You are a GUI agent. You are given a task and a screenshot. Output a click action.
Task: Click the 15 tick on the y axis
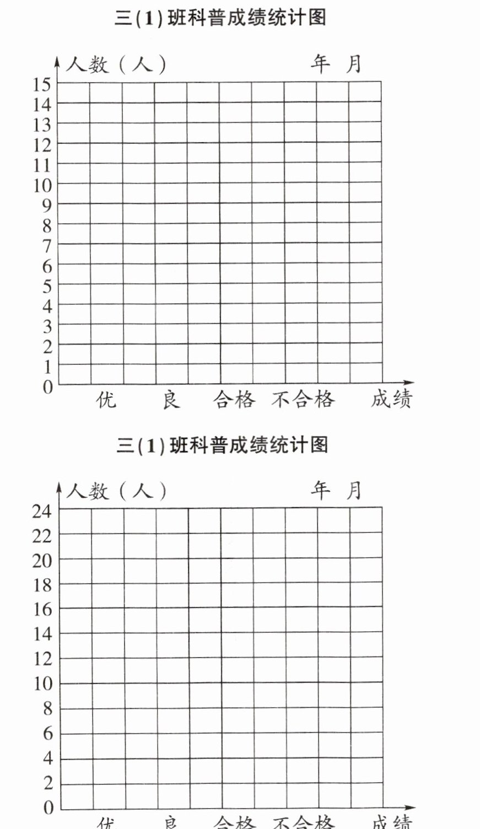pos(42,84)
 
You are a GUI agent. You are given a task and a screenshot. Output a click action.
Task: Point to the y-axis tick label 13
pos(42,125)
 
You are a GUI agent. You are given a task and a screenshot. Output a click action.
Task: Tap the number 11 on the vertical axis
pos(42,165)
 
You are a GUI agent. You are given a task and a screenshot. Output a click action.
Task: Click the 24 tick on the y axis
pos(42,511)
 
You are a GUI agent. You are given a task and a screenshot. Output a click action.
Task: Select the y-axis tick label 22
pos(42,536)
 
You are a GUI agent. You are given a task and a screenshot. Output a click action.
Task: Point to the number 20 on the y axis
pos(42,561)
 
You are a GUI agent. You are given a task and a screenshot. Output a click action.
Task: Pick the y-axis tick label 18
pos(42,585)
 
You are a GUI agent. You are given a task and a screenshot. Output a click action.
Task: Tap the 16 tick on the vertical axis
pos(42,610)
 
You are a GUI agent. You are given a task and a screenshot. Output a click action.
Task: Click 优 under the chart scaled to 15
pos(106,400)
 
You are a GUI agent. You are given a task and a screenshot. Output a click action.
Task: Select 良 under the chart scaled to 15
pos(171,400)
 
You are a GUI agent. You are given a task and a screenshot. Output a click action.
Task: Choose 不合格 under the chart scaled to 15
pos(303,400)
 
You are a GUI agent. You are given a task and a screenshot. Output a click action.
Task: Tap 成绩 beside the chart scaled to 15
pos(391,400)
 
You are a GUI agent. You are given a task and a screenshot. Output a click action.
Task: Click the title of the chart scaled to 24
pos(222,444)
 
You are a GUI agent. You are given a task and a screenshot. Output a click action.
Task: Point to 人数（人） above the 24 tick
pos(116,490)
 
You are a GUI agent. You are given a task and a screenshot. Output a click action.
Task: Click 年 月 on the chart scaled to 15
pos(336,64)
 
